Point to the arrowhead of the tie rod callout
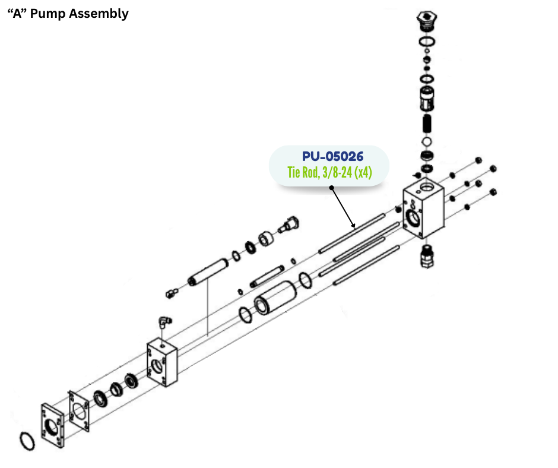click(354, 226)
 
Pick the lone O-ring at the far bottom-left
click(27, 441)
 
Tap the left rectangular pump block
click(161, 363)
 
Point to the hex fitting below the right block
click(426, 256)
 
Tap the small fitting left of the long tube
click(172, 291)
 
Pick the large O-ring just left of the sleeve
click(245, 314)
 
